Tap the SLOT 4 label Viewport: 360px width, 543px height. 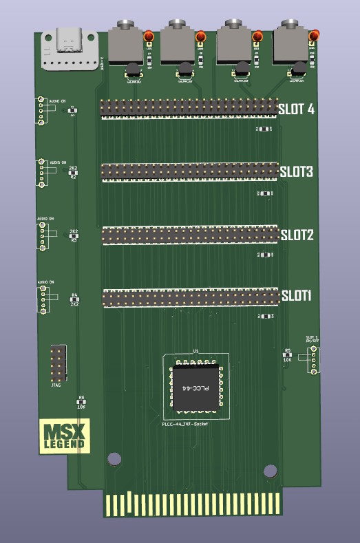tap(297, 108)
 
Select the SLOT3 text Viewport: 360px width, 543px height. tap(297, 171)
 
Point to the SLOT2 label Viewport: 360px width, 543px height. tap(297, 235)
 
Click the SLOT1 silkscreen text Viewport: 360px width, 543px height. tap(297, 296)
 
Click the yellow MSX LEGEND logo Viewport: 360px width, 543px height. tap(65, 436)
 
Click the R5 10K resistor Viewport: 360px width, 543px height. tap(288, 354)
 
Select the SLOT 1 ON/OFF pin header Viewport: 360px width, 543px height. tap(313, 358)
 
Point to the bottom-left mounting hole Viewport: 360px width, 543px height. tap(112, 458)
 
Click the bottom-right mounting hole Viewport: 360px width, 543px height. tap(270, 471)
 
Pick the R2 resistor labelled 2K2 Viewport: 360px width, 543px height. tap(74, 173)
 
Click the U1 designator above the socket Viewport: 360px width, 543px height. tap(196, 352)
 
